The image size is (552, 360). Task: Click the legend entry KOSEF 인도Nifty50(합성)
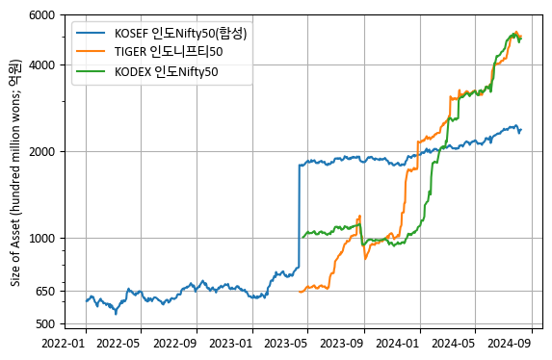pos(180,34)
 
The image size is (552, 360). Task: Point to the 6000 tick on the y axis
pos(41,15)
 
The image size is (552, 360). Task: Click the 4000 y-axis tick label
pos(41,65)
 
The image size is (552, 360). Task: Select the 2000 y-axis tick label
pos(41,152)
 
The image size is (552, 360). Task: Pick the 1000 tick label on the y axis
pos(41,239)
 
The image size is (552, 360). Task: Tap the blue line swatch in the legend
pos(90,34)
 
